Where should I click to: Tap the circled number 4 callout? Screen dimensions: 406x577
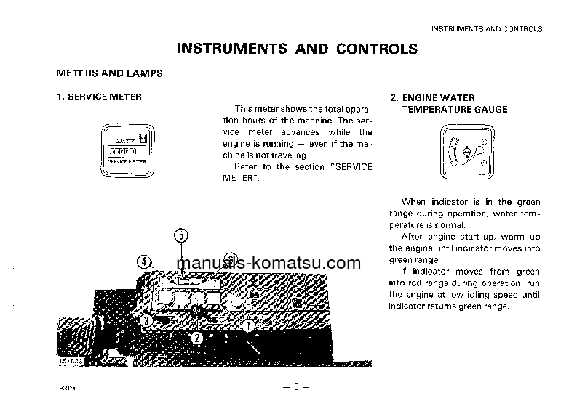tap(145, 262)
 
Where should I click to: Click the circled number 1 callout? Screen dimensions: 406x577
tap(248, 326)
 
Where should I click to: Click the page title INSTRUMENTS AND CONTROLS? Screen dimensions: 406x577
tap(297, 49)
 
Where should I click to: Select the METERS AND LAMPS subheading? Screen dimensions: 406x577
tap(110, 74)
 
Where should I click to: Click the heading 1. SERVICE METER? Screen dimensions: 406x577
tap(99, 97)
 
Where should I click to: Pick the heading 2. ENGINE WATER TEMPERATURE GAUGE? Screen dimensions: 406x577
tap(449, 103)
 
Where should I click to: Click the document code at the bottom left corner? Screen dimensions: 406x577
tap(66, 388)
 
